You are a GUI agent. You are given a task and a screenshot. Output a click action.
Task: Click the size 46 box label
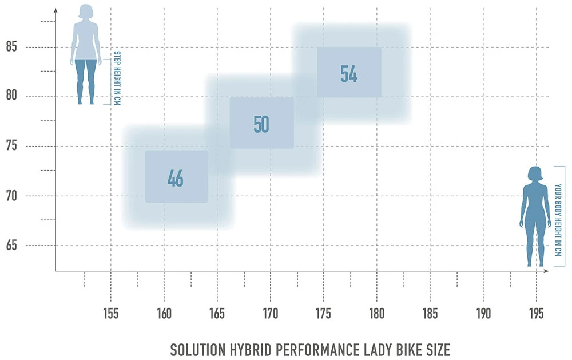(x=176, y=178)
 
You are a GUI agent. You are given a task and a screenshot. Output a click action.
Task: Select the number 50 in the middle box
(x=261, y=124)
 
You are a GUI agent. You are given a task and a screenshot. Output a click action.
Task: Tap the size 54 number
(x=349, y=74)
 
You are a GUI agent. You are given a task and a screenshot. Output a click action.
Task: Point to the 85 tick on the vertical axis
(x=11, y=46)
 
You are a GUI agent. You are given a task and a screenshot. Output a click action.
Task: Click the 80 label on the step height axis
(x=11, y=96)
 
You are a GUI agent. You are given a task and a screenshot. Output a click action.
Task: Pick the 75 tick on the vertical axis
(x=11, y=146)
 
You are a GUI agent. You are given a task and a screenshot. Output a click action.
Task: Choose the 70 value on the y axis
(x=11, y=196)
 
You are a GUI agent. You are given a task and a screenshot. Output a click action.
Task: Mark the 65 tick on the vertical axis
(x=11, y=246)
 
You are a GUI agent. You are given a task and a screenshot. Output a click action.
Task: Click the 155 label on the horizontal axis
(x=111, y=314)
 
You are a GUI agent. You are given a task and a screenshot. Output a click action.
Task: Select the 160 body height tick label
(x=164, y=314)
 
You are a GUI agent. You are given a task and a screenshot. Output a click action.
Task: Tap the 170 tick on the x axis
(x=271, y=314)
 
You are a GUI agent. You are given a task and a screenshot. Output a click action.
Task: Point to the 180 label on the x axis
(x=377, y=314)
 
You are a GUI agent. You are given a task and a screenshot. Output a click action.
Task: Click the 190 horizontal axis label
(x=483, y=314)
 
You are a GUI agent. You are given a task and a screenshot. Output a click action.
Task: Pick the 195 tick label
(x=537, y=314)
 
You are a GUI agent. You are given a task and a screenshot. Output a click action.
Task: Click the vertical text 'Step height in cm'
(x=117, y=78)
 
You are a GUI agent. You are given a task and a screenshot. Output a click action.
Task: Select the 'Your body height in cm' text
(x=559, y=216)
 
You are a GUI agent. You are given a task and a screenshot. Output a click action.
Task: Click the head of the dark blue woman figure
(x=535, y=173)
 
